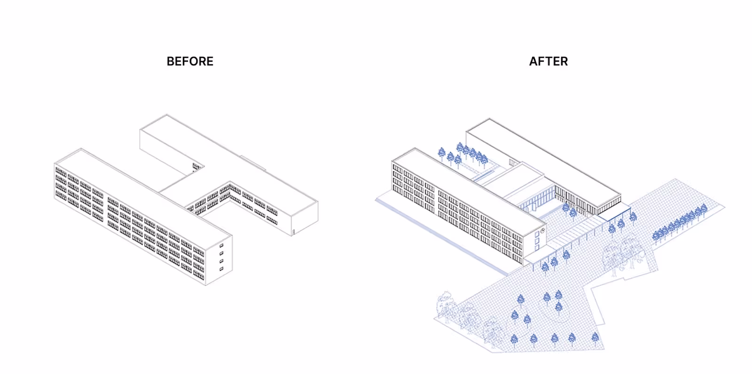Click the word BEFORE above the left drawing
click(190, 62)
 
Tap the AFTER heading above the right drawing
click(548, 62)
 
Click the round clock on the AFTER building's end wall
click(542, 230)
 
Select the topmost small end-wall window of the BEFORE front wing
click(221, 246)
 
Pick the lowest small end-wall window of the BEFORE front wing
click(221, 269)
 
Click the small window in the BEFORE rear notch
click(196, 165)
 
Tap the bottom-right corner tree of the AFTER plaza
click(595, 337)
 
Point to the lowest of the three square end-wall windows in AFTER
click(537, 247)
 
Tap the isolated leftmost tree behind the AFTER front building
click(441, 153)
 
